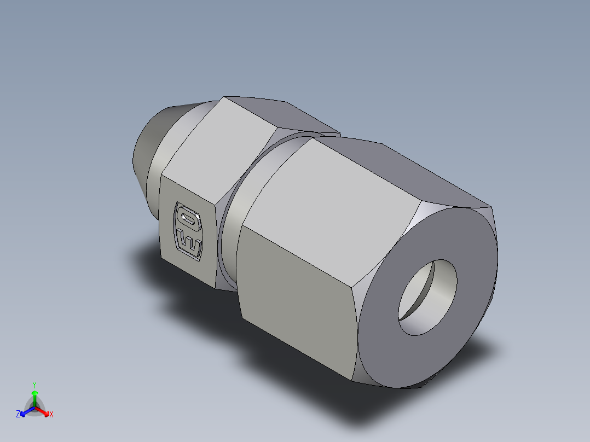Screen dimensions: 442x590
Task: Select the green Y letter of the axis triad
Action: click(34, 384)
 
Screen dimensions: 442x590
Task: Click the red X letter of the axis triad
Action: click(51, 414)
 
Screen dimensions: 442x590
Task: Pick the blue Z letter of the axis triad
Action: click(18, 414)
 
